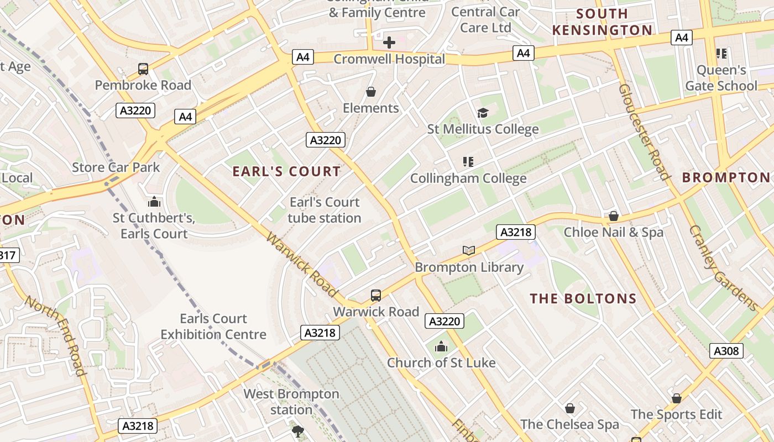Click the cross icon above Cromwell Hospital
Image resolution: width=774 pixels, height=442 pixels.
tap(389, 43)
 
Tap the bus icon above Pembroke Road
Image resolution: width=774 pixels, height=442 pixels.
tap(143, 69)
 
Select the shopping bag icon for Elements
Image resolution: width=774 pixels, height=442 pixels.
tap(371, 92)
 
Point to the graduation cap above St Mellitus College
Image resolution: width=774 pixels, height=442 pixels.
tap(483, 113)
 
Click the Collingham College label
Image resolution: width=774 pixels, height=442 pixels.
tap(468, 178)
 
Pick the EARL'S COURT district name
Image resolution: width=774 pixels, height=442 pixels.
tap(286, 171)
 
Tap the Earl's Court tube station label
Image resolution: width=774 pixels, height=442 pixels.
tap(324, 210)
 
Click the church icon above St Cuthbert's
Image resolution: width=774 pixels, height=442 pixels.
tap(154, 202)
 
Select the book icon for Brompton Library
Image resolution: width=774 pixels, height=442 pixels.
tap(469, 251)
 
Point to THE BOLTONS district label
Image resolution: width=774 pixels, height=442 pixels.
tap(583, 299)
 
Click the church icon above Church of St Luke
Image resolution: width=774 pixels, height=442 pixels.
tap(441, 347)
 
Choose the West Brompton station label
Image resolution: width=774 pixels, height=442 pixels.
tap(291, 402)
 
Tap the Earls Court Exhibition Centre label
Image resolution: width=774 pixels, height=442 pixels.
tap(213, 327)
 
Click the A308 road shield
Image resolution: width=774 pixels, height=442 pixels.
tap(726, 351)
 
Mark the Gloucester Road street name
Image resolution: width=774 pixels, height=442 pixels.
tap(644, 132)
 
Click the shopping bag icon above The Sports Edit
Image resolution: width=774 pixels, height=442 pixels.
tap(677, 398)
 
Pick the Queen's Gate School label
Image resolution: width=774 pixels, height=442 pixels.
tap(721, 78)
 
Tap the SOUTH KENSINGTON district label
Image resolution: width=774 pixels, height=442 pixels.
tap(603, 22)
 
